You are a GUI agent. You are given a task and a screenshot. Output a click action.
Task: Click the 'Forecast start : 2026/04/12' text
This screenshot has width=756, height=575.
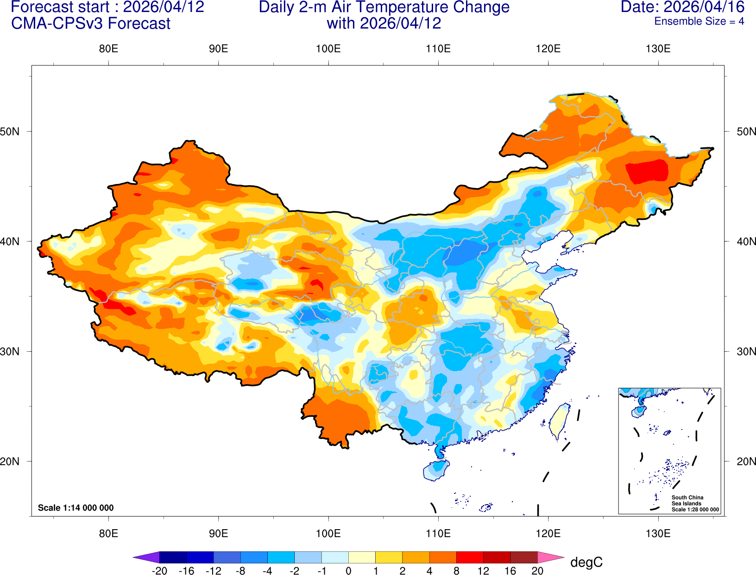pyautogui.click(x=107, y=7)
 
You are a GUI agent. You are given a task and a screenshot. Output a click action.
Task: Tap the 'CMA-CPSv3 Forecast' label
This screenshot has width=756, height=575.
pyautogui.click(x=91, y=23)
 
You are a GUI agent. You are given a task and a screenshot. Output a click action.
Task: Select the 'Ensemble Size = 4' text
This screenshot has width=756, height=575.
pyautogui.click(x=699, y=21)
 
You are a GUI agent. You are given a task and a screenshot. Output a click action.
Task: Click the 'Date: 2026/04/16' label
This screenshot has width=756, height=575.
pyautogui.click(x=682, y=7)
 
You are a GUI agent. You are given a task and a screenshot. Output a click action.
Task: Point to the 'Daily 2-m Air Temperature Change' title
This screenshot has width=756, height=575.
pyautogui.click(x=384, y=7)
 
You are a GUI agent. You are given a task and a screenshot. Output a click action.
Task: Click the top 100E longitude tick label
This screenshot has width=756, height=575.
pyautogui.click(x=328, y=49)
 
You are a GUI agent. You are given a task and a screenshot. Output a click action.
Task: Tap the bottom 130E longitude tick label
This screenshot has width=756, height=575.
pyautogui.click(x=658, y=533)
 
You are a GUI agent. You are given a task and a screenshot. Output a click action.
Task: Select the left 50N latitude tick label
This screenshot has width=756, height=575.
pyautogui.click(x=10, y=132)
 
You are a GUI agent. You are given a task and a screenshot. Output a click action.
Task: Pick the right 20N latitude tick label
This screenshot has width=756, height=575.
pyautogui.click(x=746, y=461)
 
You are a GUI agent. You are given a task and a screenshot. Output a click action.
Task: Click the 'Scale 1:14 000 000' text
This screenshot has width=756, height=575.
pyautogui.click(x=76, y=508)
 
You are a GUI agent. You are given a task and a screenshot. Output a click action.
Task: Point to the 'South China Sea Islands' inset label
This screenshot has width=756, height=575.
pyautogui.click(x=687, y=500)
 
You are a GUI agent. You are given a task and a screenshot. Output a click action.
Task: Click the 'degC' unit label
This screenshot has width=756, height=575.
pyautogui.click(x=586, y=562)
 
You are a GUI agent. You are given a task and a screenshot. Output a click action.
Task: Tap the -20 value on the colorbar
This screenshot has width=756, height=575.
pyautogui.click(x=159, y=571)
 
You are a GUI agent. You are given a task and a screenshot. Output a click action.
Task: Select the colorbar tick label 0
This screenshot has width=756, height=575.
pyautogui.click(x=348, y=571)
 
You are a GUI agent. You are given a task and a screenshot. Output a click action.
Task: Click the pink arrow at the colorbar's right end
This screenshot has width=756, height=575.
pyautogui.click(x=550, y=557)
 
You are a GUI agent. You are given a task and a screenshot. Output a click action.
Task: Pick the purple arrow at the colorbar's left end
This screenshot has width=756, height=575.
pyautogui.click(x=146, y=557)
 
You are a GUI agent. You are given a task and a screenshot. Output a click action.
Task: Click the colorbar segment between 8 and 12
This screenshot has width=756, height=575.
pyautogui.click(x=470, y=557)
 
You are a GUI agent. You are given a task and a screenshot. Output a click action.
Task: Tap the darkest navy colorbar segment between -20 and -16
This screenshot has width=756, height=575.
pyautogui.click(x=173, y=557)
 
